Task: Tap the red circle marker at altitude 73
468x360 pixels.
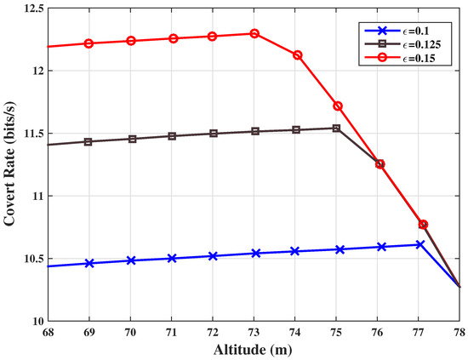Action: [x=254, y=33]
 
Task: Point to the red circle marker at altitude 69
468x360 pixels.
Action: [x=88, y=43]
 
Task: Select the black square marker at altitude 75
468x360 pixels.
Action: [x=337, y=129]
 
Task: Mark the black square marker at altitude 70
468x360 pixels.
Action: [x=130, y=139]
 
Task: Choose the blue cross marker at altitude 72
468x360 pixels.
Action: [x=213, y=255]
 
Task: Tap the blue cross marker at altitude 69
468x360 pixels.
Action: [x=88, y=263]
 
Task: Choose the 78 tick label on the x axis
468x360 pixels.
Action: [x=460, y=332]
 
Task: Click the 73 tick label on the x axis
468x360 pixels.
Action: [x=254, y=332]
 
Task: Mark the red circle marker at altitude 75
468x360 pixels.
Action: [x=337, y=106]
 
